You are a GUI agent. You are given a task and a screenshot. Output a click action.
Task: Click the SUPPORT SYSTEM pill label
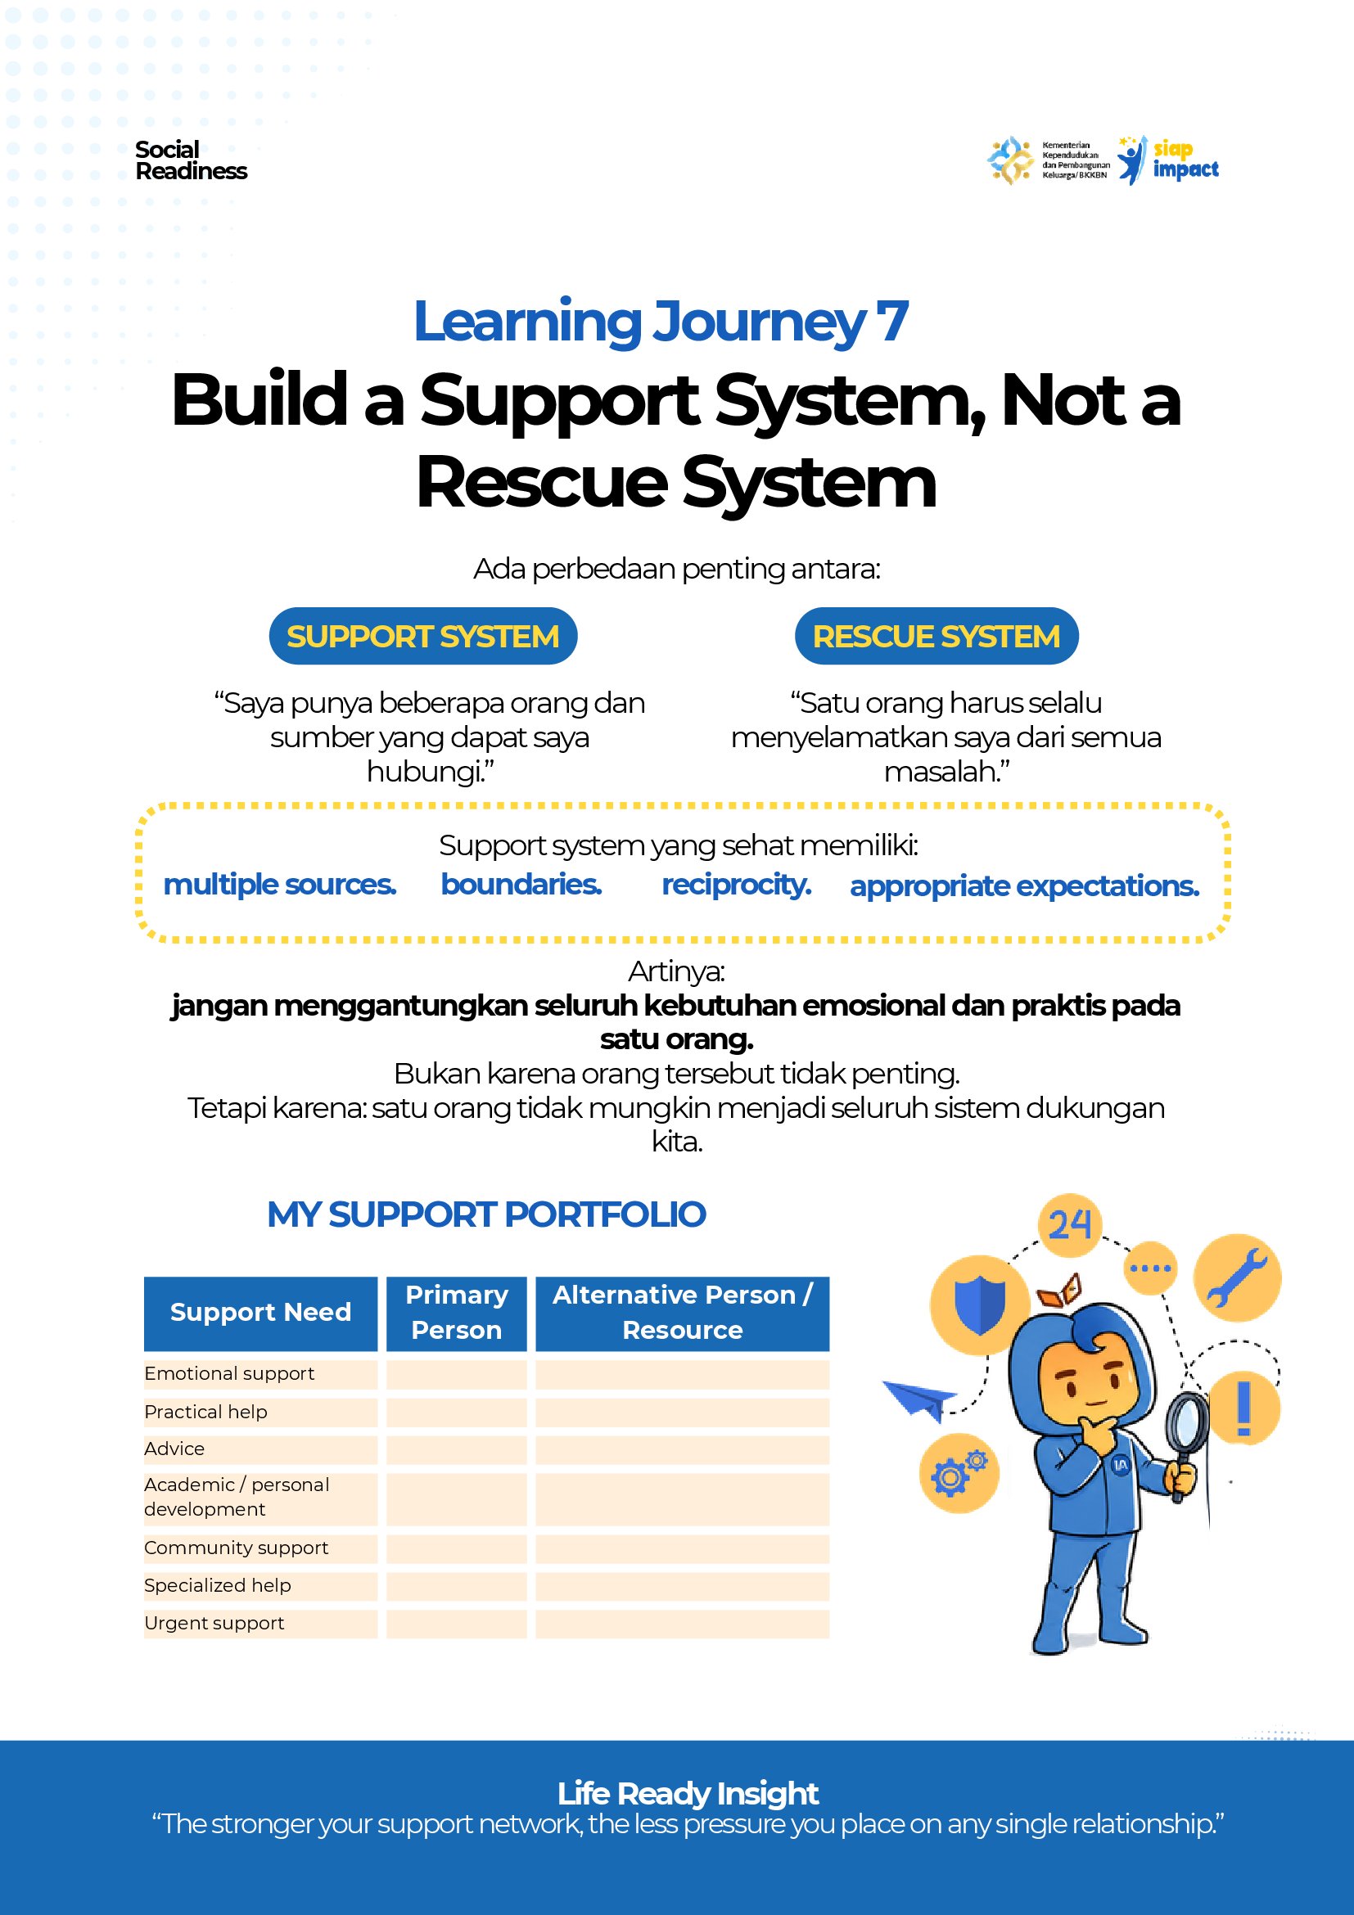pyautogui.click(x=423, y=637)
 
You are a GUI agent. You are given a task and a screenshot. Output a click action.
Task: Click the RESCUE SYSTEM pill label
pyautogui.click(x=936, y=637)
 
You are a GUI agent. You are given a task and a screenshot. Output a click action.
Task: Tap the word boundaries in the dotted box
pyautogui.click(x=521, y=884)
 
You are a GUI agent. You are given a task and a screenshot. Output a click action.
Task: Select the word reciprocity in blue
pyautogui.click(x=737, y=885)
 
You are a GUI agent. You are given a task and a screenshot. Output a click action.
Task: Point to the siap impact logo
pyautogui.click(x=1168, y=160)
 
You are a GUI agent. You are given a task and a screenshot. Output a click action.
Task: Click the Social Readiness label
pyautogui.click(x=191, y=160)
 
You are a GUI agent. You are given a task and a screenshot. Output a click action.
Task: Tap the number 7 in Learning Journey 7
pyautogui.click(x=891, y=321)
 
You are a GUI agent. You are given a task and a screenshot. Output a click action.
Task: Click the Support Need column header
pyautogui.click(x=260, y=1313)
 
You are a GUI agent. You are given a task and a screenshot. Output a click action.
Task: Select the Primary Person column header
pyautogui.click(x=456, y=1313)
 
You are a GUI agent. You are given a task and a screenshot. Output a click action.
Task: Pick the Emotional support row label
pyautogui.click(x=229, y=1374)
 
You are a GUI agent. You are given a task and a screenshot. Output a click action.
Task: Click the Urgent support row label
pyautogui.click(x=214, y=1623)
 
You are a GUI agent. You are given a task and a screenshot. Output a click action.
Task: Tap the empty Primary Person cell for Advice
pyautogui.click(x=456, y=1449)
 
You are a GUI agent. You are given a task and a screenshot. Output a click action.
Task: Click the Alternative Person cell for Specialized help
pyautogui.click(x=683, y=1586)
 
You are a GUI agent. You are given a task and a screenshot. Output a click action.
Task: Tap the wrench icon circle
pyautogui.click(x=1237, y=1277)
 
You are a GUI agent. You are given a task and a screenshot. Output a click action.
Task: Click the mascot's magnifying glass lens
pyautogui.click(x=1185, y=1424)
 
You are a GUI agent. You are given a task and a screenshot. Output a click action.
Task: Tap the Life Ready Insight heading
pyautogui.click(x=688, y=1795)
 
